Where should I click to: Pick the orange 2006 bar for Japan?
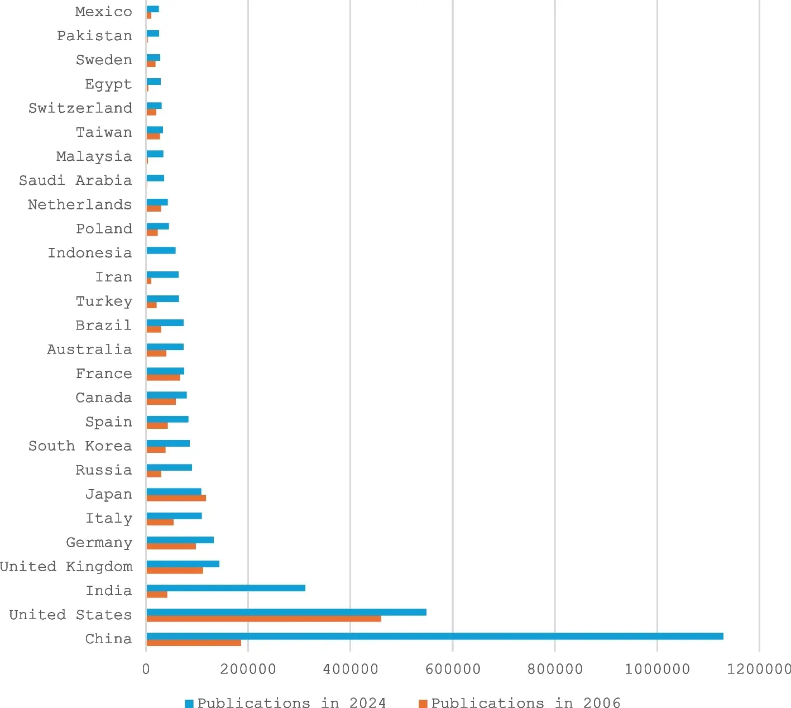[x=176, y=498]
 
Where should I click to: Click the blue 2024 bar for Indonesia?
[x=161, y=250]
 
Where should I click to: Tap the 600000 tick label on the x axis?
[x=453, y=669]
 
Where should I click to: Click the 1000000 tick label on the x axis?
[x=657, y=669]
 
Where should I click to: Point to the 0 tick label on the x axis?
[x=146, y=669]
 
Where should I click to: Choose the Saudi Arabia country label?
[x=75, y=180]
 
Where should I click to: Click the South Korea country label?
[x=80, y=446]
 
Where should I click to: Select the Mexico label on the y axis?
[x=104, y=12]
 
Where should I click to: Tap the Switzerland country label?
[x=80, y=108]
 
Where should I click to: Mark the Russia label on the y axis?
[x=104, y=470]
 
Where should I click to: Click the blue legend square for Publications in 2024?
[x=189, y=703]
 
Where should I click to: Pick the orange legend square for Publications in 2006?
[x=423, y=703]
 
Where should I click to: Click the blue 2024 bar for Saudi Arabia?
[x=155, y=178]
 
